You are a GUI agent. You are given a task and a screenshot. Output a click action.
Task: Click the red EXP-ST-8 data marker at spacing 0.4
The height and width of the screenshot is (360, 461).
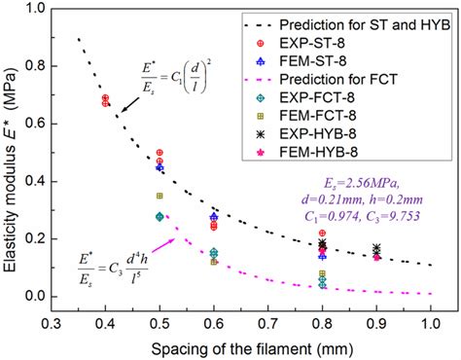click(105, 100)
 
